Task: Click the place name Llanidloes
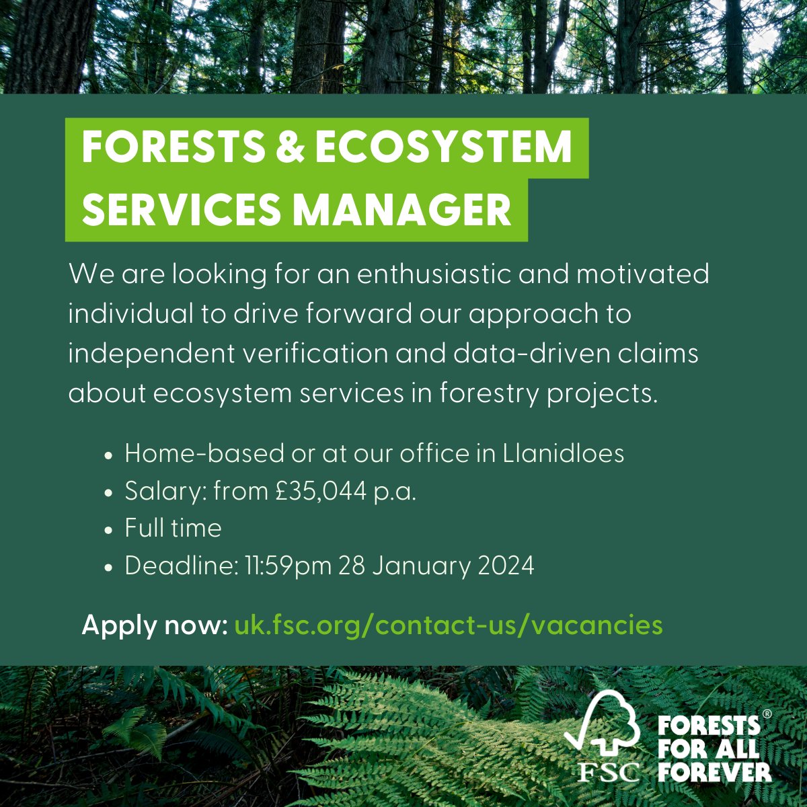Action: (x=564, y=453)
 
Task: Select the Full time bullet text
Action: (x=173, y=527)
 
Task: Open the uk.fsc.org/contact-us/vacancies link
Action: (x=449, y=625)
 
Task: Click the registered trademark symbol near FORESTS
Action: (x=767, y=714)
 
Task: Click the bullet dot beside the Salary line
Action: (x=109, y=494)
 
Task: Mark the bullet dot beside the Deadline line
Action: (x=109, y=568)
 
